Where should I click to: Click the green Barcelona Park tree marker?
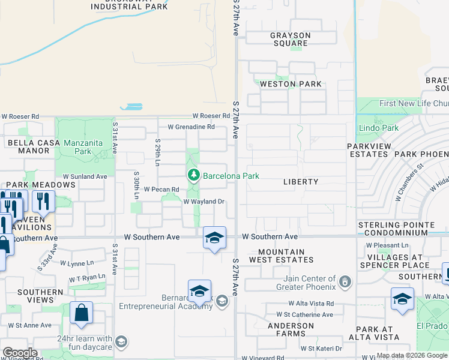click(193, 176)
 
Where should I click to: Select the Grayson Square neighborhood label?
click(290, 40)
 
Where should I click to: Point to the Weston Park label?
click(291, 85)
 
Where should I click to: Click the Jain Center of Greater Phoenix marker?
click(345, 281)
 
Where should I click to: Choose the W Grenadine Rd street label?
click(191, 127)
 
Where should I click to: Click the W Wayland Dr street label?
click(203, 202)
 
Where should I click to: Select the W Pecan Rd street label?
click(158, 188)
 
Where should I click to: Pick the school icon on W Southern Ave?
click(214, 238)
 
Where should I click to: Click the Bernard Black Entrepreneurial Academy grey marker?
click(222, 301)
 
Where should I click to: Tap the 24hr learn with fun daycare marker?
click(121, 342)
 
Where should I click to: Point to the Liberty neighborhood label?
click(300, 181)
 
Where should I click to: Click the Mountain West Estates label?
click(286, 256)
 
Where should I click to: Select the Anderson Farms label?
click(291, 330)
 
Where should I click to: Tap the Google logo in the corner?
click(20, 353)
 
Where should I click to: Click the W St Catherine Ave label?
click(304, 314)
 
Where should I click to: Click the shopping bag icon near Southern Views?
click(81, 312)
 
